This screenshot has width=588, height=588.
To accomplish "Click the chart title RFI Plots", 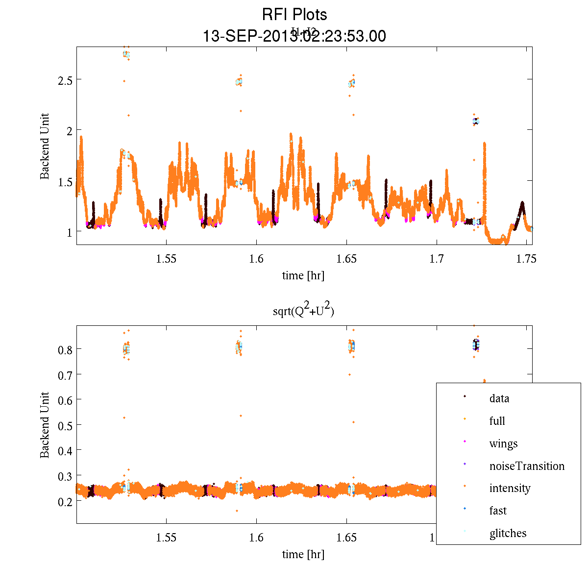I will [294, 14].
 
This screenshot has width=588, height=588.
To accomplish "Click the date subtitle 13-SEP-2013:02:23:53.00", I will [294, 36].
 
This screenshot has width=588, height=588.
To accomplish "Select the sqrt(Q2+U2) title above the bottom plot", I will [304, 311].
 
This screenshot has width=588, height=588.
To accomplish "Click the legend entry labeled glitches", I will [508, 533].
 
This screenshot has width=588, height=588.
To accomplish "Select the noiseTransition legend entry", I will [527, 466].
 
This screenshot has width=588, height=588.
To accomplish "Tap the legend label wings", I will [503, 444].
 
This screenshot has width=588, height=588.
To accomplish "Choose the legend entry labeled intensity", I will [510, 488].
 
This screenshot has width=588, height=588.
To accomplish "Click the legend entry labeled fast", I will [498, 511].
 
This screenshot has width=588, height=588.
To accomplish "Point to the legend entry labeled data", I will [499, 398].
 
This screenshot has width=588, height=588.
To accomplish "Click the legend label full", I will [497, 421].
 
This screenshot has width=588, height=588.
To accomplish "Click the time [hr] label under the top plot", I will [303, 275].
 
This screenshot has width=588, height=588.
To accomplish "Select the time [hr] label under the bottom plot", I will [303, 554].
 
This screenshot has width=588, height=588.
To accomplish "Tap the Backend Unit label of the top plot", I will [45, 146].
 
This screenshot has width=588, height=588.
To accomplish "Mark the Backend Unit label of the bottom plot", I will [45, 425].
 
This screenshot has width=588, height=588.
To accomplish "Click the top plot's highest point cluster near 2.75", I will [126, 54].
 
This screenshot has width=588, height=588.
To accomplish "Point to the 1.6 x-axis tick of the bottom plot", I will [256, 538].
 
